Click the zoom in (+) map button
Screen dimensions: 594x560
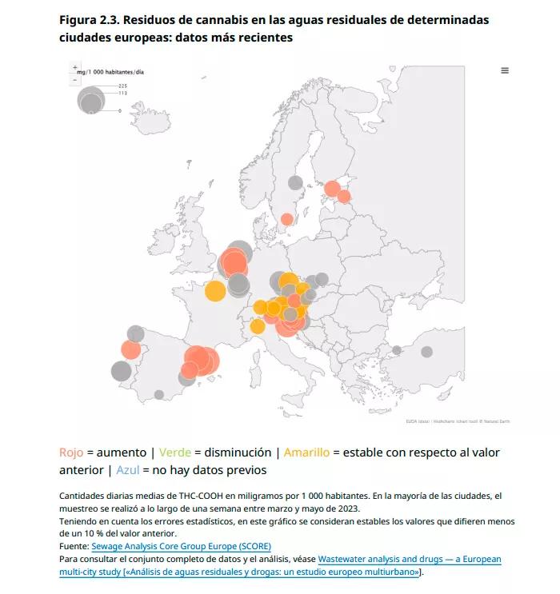coord(75,67)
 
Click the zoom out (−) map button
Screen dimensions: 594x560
coord(75,78)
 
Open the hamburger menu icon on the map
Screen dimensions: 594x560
coord(505,70)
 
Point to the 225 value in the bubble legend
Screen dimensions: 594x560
coord(123,86)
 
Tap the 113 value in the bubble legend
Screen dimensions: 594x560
coord(123,93)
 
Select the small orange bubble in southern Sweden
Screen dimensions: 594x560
coord(286,219)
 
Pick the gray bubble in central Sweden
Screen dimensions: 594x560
coord(295,182)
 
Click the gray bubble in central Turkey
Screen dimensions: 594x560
coord(427,352)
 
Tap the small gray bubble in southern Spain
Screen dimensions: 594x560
coord(159,394)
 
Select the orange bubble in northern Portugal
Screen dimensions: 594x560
coord(131,349)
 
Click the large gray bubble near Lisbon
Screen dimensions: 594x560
coord(121,371)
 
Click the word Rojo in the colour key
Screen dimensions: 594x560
coord(71,452)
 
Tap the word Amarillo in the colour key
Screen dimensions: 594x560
coord(306,452)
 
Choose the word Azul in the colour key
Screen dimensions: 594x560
coord(128,470)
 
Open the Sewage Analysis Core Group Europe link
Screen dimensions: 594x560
coord(181,547)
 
